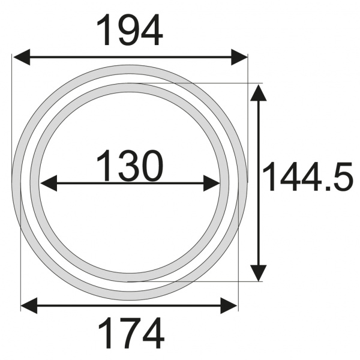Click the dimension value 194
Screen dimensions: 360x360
coord(130,30)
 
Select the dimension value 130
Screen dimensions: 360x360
coord(130,166)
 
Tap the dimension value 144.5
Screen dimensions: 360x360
coord(307,176)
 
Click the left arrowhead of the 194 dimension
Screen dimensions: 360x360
coord(22,57)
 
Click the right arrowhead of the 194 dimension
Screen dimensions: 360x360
coord(239,57)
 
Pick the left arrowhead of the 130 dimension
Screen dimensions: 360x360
coord(49,183)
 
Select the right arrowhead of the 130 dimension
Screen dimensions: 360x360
coord(212,183)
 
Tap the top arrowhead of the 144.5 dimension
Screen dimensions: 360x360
coord(259,93)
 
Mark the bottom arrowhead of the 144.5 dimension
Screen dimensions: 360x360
coord(259,273)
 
